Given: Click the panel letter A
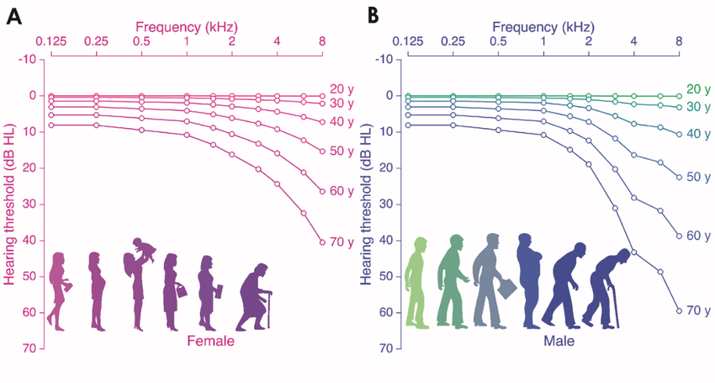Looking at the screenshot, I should (x=13, y=16).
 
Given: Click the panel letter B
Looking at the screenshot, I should (x=372, y=16).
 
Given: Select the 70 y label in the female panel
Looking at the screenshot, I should (x=341, y=242).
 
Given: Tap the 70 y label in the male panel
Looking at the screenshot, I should (x=698, y=311).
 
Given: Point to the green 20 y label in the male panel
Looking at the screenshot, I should (x=698, y=89).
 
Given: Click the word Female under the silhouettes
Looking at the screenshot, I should (x=209, y=341).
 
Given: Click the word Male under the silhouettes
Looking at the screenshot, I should (x=558, y=341).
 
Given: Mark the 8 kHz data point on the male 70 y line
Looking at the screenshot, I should (x=679, y=311).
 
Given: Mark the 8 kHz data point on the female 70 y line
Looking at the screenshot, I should (x=322, y=242).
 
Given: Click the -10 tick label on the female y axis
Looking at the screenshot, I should (x=29, y=59).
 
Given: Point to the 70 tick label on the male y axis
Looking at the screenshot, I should (x=387, y=348).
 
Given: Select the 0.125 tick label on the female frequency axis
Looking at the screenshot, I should (x=50, y=40).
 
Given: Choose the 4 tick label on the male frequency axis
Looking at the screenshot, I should (x=633, y=40).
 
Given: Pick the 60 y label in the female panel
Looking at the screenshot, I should (x=341, y=191).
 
